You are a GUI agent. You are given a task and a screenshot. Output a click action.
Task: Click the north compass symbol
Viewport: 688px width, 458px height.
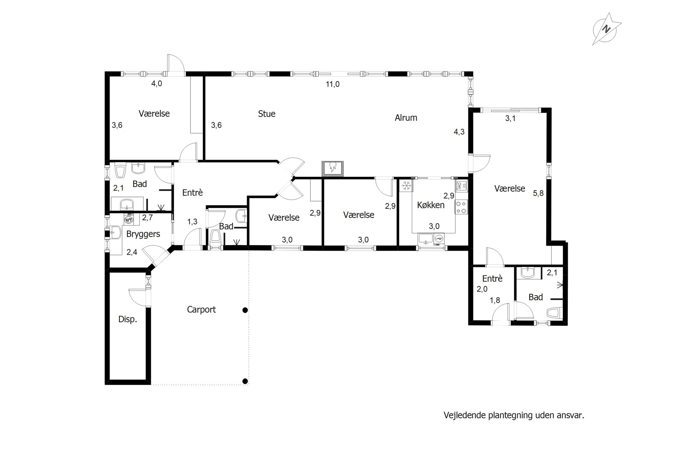pyautogui.click(x=606, y=30)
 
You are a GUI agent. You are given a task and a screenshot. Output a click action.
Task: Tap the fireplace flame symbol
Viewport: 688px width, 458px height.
pyautogui.click(x=332, y=168)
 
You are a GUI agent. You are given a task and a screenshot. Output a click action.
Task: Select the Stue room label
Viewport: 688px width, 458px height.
pyautogui.click(x=267, y=114)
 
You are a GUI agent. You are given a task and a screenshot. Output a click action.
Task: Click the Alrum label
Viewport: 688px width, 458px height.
pyautogui.click(x=406, y=118)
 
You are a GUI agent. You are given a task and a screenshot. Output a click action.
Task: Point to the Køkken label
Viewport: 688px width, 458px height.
pyautogui.click(x=431, y=205)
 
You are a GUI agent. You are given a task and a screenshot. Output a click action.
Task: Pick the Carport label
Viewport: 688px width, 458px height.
pyautogui.click(x=201, y=310)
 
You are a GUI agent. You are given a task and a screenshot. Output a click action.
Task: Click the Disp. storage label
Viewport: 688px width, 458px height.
pyautogui.click(x=128, y=319)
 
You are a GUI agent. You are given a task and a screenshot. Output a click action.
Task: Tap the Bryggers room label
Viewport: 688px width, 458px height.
pyautogui.click(x=143, y=234)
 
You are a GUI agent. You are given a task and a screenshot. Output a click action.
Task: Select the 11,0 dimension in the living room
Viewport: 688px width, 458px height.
pyautogui.click(x=333, y=84)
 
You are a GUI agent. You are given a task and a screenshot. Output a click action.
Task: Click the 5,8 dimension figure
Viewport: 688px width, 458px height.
pyautogui.click(x=538, y=193)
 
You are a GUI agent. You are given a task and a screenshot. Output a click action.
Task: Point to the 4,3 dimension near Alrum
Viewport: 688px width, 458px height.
pyautogui.click(x=459, y=132)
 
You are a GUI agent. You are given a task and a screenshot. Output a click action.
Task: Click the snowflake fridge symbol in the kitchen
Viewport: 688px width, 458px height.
pyautogui.click(x=407, y=186)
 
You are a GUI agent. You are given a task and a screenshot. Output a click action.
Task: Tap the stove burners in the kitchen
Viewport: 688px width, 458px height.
pyautogui.click(x=461, y=207)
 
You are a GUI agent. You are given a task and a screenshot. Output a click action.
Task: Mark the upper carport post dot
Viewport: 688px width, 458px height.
pyautogui.click(x=245, y=310)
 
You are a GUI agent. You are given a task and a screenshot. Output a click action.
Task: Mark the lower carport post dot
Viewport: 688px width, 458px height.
pyautogui.click(x=245, y=381)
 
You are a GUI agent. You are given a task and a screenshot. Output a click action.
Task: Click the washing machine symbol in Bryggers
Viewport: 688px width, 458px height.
pyautogui.click(x=129, y=220)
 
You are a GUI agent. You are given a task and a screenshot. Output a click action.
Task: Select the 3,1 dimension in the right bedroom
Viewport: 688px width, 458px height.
pyautogui.click(x=510, y=119)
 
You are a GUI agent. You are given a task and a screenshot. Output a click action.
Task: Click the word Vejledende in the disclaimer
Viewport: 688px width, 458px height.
pyautogui.click(x=465, y=415)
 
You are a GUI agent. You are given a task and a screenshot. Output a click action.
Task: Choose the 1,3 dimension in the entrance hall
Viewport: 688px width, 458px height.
pyautogui.click(x=192, y=222)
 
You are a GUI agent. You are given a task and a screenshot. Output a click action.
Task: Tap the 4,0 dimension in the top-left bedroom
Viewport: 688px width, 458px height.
pyautogui.click(x=157, y=83)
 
